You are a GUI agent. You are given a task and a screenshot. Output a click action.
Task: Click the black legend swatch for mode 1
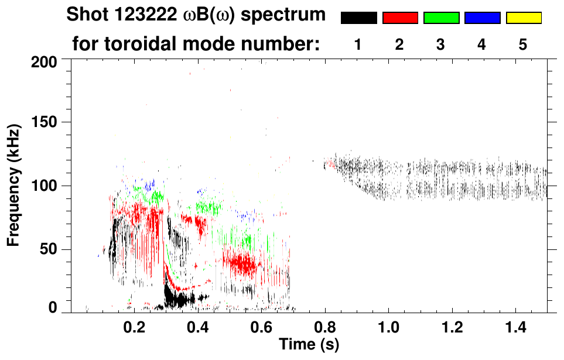click(358, 18)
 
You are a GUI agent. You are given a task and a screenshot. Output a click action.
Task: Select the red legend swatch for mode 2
click(400, 18)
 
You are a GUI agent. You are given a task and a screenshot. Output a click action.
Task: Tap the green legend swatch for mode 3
click(441, 18)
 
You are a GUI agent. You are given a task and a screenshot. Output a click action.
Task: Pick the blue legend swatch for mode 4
click(482, 18)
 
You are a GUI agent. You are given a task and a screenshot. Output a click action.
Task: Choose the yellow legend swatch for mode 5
click(524, 18)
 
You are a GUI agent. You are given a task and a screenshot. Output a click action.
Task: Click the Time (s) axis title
click(308, 345)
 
